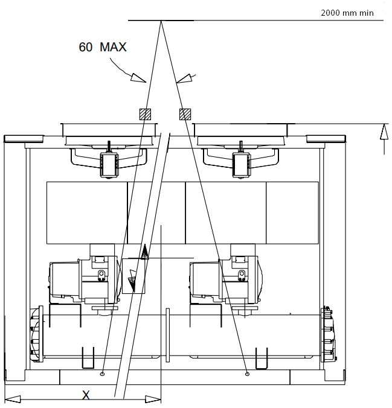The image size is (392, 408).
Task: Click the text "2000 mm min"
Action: tap(346, 13)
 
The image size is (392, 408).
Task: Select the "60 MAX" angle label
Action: tap(103, 46)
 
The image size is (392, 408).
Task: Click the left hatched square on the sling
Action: tap(145, 114)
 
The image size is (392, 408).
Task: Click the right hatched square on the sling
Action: tap(185, 114)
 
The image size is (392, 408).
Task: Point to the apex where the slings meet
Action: tap(161, 21)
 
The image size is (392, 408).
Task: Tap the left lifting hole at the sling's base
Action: tap(103, 374)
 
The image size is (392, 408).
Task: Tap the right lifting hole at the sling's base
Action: tap(248, 374)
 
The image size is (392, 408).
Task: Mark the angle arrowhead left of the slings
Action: tap(140, 78)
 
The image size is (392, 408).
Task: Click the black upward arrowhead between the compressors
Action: tap(144, 252)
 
